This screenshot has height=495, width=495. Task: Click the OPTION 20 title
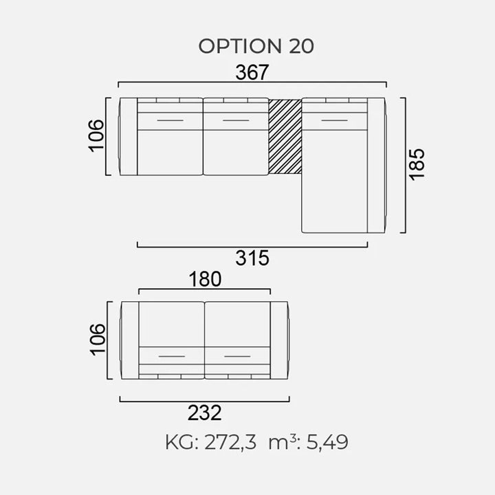click(256, 46)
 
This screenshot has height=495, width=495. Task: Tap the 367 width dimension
click(252, 72)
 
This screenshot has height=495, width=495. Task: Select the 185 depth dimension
click(417, 164)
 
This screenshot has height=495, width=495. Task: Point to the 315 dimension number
click(252, 258)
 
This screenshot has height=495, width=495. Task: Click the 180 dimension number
click(205, 279)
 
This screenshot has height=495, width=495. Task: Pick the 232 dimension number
click(205, 412)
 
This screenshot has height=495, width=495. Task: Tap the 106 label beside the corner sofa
click(96, 136)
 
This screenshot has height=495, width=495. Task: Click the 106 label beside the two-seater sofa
click(98, 340)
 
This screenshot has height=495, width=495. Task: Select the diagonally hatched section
click(285, 136)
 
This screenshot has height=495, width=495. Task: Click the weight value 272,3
click(230, 442)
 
